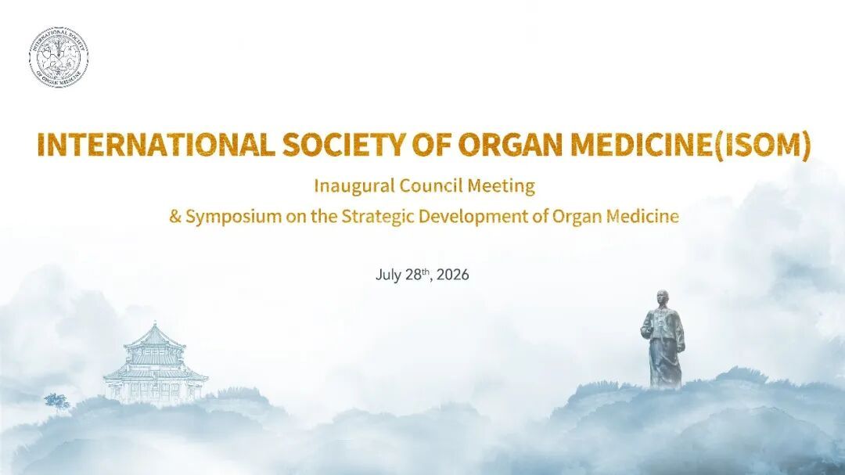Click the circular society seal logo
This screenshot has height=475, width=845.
click(x=59, y=57)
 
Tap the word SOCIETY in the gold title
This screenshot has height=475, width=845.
click(x=343, y=144)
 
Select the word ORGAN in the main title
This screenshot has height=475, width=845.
click(x=510, y=144)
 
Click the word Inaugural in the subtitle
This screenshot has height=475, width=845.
click(x=354, y=186)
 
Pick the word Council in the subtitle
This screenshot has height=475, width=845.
click(x=430, y=185)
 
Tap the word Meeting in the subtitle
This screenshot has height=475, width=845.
click(x=501, y=186)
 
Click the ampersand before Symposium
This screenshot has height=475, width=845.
click(x=175, y=217)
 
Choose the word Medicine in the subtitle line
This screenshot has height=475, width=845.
click(x=642, y=217)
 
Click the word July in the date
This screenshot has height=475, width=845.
click(x=388, y=275)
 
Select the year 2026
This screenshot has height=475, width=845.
click(x=453, y=275)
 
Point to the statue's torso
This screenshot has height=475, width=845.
click(x=663, y=332)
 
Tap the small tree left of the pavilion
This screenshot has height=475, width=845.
click(x=56, y=401)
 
